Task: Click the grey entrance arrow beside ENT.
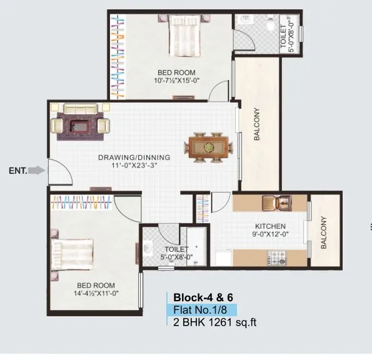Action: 38,170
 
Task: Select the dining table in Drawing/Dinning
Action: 208,147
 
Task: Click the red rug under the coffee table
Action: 80,124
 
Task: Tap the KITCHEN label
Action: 270,226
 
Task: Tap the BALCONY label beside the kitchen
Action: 324,233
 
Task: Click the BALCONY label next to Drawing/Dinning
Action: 257,125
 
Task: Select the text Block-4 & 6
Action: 202,297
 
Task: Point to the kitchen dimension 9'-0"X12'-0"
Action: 270,235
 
